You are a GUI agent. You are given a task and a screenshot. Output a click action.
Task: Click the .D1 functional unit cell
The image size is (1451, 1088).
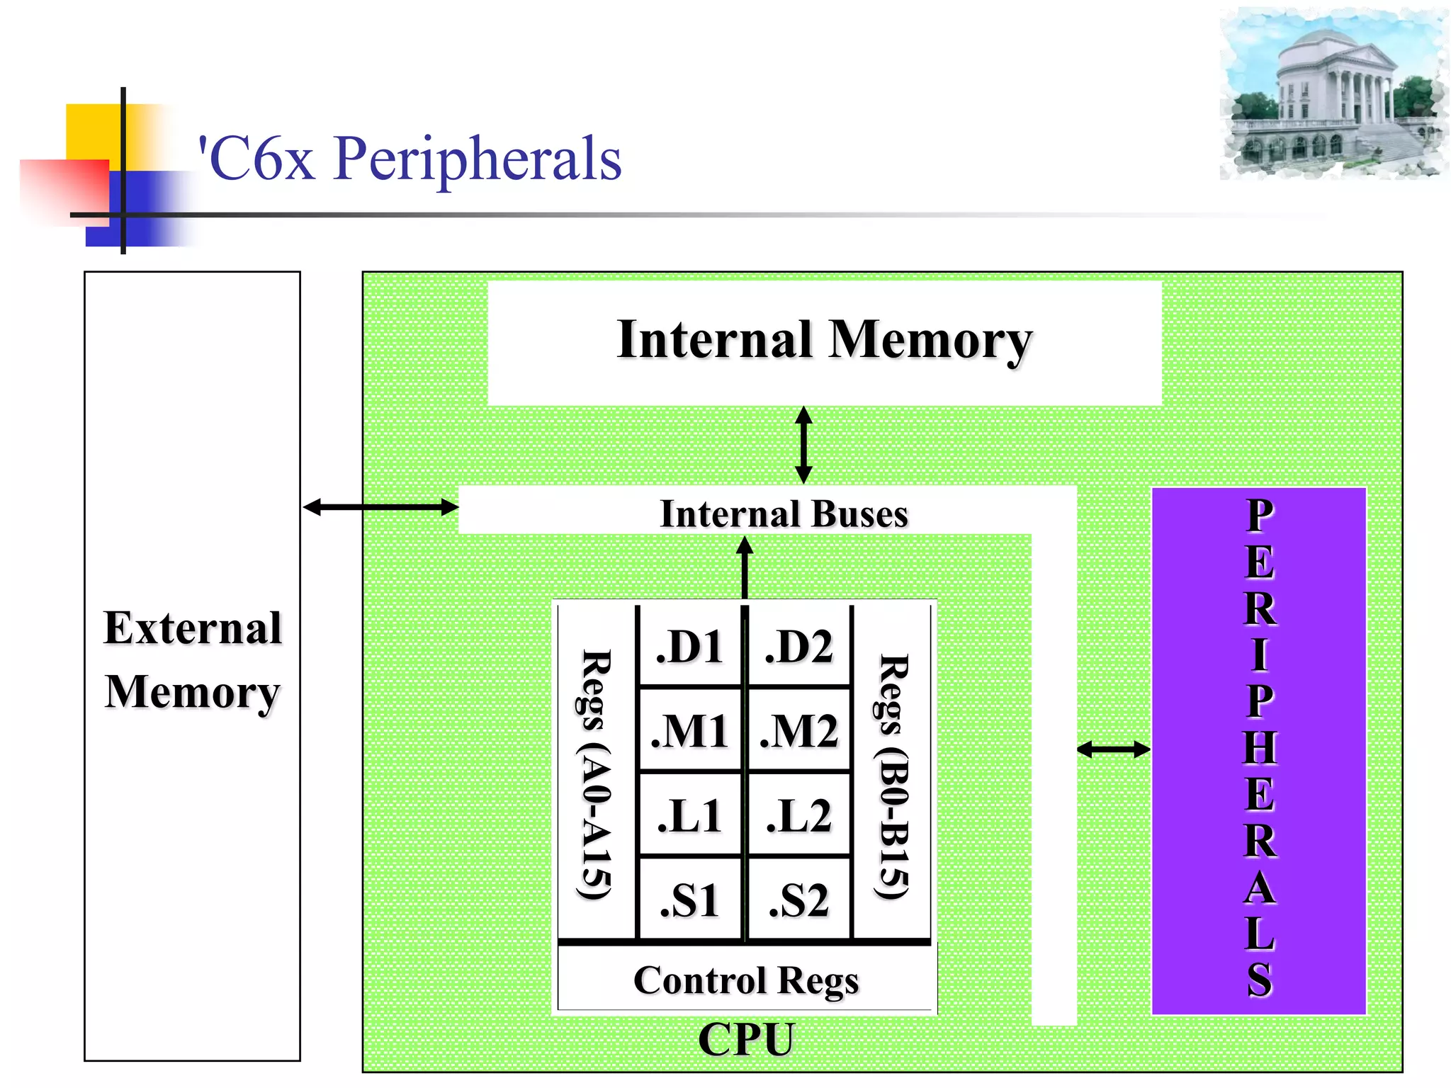(689, 646)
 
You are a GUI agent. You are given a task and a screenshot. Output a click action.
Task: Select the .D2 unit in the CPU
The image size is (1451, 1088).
(799, 646)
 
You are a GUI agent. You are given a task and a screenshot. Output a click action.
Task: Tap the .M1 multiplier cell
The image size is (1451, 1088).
(689, 730)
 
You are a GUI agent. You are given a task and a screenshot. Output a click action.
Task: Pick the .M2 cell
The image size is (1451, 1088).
(799, 730)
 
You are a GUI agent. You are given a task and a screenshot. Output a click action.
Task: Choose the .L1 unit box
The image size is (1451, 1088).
(689, 815)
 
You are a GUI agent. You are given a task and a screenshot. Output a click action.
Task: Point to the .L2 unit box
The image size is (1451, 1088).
(799, 815)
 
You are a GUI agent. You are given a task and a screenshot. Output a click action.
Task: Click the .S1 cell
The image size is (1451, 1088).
(689, 900)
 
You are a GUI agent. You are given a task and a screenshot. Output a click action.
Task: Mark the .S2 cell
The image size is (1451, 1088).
(799, 900)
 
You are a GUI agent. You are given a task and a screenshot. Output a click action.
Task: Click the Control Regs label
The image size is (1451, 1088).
(746, 980)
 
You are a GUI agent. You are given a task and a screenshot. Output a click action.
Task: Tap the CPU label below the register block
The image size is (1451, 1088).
(746, 1039)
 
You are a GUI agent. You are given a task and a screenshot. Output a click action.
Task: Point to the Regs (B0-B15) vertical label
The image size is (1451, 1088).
(893, 776)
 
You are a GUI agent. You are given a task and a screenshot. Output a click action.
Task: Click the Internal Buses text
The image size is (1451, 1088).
(784, 514)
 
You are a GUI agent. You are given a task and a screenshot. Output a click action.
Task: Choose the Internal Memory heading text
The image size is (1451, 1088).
(824, 340)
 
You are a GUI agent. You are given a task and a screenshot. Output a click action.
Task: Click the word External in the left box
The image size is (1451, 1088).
(193, 628)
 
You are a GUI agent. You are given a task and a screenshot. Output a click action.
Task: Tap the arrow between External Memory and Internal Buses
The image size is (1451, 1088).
(380, 507)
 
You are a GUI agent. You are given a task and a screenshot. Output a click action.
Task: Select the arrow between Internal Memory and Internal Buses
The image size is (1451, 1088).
(803, 445)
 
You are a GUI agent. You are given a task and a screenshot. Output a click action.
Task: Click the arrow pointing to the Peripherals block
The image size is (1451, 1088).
(1113, 749)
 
